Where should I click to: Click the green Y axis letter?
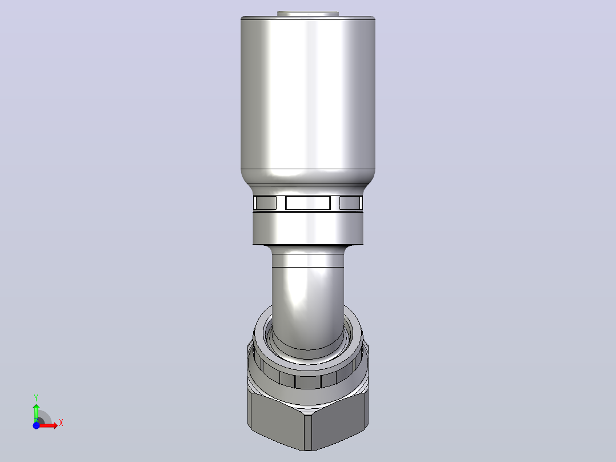pyautogui.click(x=36, y=398)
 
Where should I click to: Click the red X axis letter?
pyautogui.click(x=61, y=423)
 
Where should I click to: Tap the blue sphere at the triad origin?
pyautogui.click(x=36, y=425)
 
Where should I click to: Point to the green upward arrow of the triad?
pyautogui.click(x=36, y=412)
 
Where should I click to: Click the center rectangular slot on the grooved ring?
pyautogui.click(x=307, y=203)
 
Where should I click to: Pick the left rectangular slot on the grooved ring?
pyautogui.click(x=265, y=203)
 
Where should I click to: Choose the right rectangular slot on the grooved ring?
pyautogui.click(x=350, y=203)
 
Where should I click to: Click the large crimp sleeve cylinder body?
pyautogui.click(x=307, y=94)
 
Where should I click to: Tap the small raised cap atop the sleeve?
pyautogui.click(x=307, y=14)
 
